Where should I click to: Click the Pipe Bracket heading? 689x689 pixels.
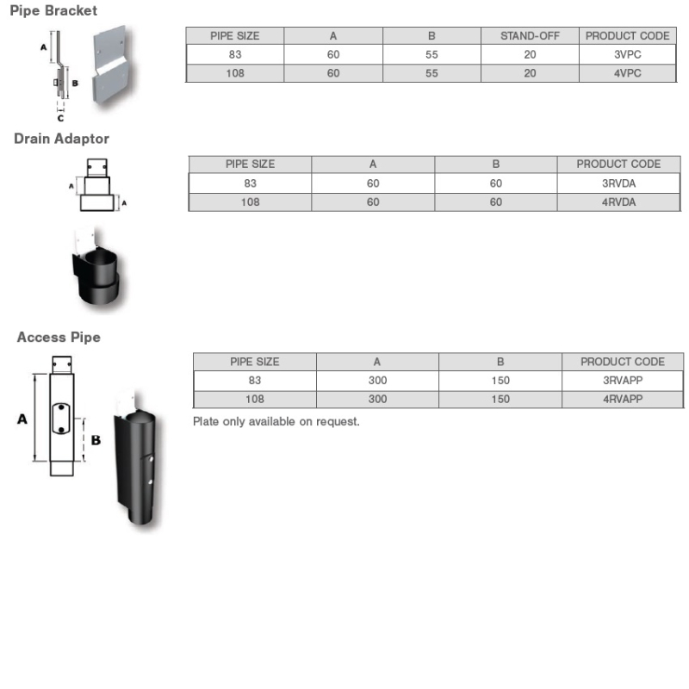click(53, 11)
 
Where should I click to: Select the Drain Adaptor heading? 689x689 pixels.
click(61, 138)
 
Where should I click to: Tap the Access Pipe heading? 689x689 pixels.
click(59, 338)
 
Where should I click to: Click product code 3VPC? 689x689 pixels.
click(627, 54)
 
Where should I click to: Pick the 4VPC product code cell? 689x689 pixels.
click(627, 73)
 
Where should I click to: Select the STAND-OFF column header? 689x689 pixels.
click(530, 36)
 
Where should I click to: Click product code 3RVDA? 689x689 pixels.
click(618, 183)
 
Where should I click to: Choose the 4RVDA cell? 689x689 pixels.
click(618, 202)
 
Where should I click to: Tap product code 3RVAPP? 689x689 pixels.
click(622, 381)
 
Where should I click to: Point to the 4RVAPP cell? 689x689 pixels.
click(622, 399)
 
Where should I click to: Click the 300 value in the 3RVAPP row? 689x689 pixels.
click(377, 381)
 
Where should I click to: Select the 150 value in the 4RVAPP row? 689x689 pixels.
click(500, 399)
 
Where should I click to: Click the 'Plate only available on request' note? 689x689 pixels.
click(276, 422)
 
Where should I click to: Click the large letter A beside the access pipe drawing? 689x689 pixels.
click(22, 419)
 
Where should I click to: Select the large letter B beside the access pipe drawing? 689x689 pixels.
click(96, 439)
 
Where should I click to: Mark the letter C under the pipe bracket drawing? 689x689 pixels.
click(60, 118)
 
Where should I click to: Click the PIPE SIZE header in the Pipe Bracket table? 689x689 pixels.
click(234, 36)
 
